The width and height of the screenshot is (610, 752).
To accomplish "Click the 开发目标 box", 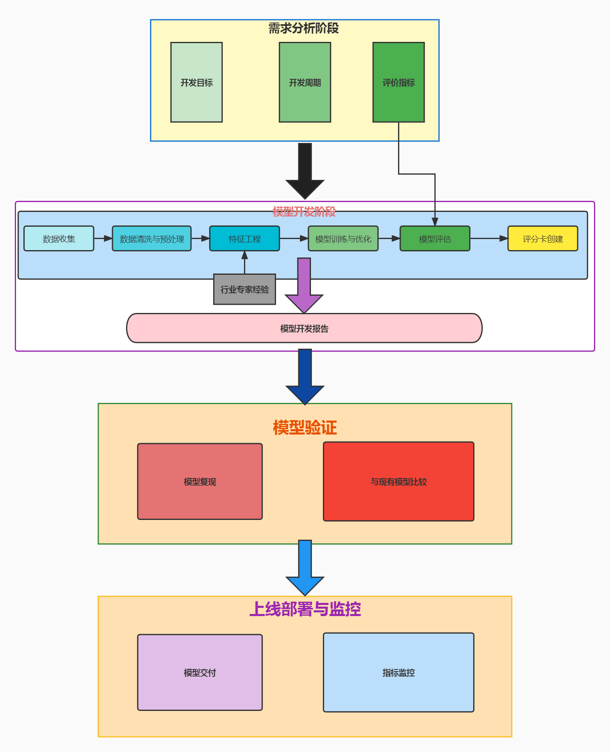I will pos(196,82).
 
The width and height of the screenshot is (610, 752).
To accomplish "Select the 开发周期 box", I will pos(305,82).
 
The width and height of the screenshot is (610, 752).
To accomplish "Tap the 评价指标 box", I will pos(398,82).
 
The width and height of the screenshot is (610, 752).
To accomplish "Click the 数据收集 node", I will pos(59,239).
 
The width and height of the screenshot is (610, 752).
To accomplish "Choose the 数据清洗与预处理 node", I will pos(152,239).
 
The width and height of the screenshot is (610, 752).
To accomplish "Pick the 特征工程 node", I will pos(244,239).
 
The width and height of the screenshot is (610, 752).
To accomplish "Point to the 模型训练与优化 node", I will pos(343,239).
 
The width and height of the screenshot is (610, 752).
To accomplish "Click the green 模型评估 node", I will pos(435,239).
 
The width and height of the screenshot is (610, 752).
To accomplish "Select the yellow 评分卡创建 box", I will pos(543,239).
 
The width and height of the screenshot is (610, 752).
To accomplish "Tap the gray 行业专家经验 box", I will pos(244,290).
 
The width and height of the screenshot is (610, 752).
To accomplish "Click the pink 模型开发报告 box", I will pos(304,328).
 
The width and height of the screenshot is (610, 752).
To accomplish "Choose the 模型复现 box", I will pos(200,481).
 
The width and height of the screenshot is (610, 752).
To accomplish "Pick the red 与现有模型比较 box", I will pos(398,481).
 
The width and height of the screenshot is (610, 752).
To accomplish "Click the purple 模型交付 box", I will pos(200,672).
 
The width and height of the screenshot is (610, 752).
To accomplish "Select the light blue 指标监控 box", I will pos(398,672).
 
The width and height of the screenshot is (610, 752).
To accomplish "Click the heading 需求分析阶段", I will pos(304,28).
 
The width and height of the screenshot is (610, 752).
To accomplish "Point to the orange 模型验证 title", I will pos(305,428).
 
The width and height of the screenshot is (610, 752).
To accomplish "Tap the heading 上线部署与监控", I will pos(305,609).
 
